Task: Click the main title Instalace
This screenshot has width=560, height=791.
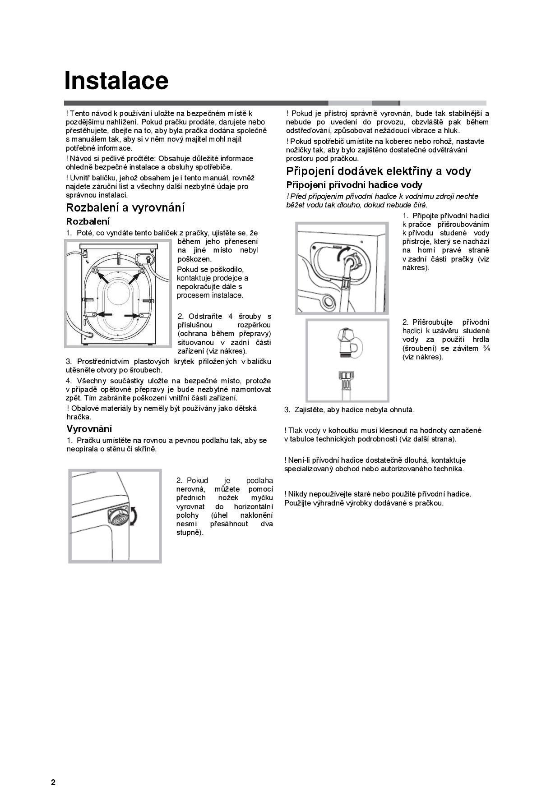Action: [116, 81]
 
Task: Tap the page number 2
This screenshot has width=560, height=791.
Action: [53, 782]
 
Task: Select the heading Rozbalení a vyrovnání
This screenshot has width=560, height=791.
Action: [125, 208]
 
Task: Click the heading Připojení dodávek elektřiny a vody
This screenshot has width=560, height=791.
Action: [378, 171]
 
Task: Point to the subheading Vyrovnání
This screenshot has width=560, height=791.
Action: [89, 429]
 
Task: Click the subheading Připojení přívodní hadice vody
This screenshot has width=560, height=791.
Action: [354, 185]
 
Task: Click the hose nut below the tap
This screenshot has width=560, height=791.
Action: [345, 378]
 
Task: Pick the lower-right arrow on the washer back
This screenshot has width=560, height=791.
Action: [132, 315]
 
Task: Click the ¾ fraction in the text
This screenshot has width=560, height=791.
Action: [486, 348]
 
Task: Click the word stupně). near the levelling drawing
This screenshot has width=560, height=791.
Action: [190, 533]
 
